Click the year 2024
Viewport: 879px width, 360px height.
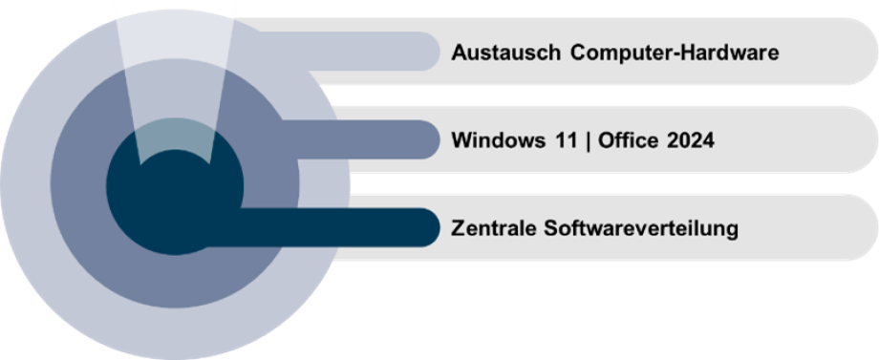[x=690, y=141]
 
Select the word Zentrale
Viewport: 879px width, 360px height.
[x=492, y=229]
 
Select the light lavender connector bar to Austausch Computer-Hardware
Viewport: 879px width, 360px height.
[x=382, y=52]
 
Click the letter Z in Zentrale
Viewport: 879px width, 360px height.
[x=456, y=229]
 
